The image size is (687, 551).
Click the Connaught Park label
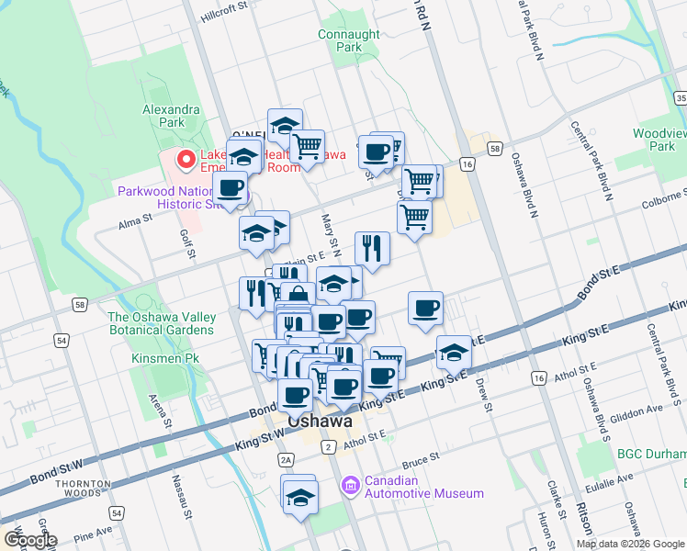click(x=348, y=40)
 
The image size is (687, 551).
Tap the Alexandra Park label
click(x=163, y=115)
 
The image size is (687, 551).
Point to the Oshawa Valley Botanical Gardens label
click(x=162, y=323)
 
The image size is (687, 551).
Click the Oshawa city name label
click(x=321, y=422)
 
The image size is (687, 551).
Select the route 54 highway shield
click(x=62, y=341)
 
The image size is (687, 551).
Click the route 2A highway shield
click(x=286, y=459)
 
